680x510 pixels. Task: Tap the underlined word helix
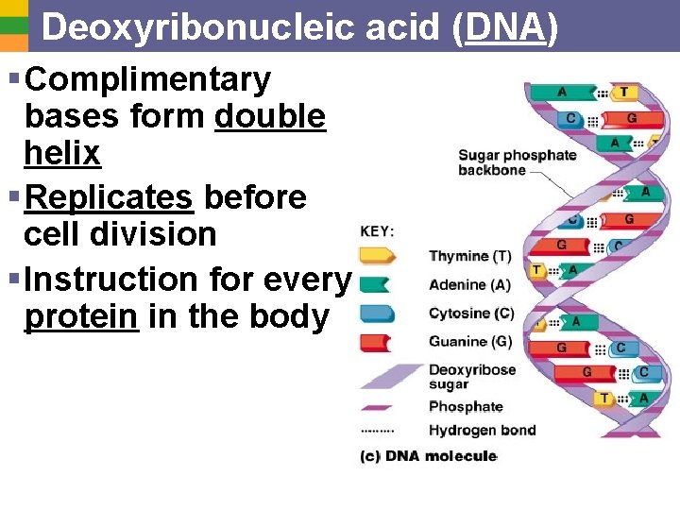(x=62, y=152)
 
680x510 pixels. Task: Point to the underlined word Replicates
(x=110, y=197)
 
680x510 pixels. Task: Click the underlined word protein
(x=81, y=316)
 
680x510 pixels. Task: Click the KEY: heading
(x=378, y=231)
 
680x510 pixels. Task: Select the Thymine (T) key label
(x=470, y=256)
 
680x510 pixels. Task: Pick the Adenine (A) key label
(x=469, y=284)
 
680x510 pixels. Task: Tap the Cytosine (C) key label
(x=471, y=313)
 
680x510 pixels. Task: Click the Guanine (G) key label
(x=470, y=341)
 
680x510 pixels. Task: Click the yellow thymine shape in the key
(x=377, y=255)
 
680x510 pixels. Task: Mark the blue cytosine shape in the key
(x=377, y=313)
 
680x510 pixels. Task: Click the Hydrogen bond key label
(x=482, y=430)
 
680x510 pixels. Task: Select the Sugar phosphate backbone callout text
(x=517, y=162)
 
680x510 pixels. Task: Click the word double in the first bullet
(x=270, y=117)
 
